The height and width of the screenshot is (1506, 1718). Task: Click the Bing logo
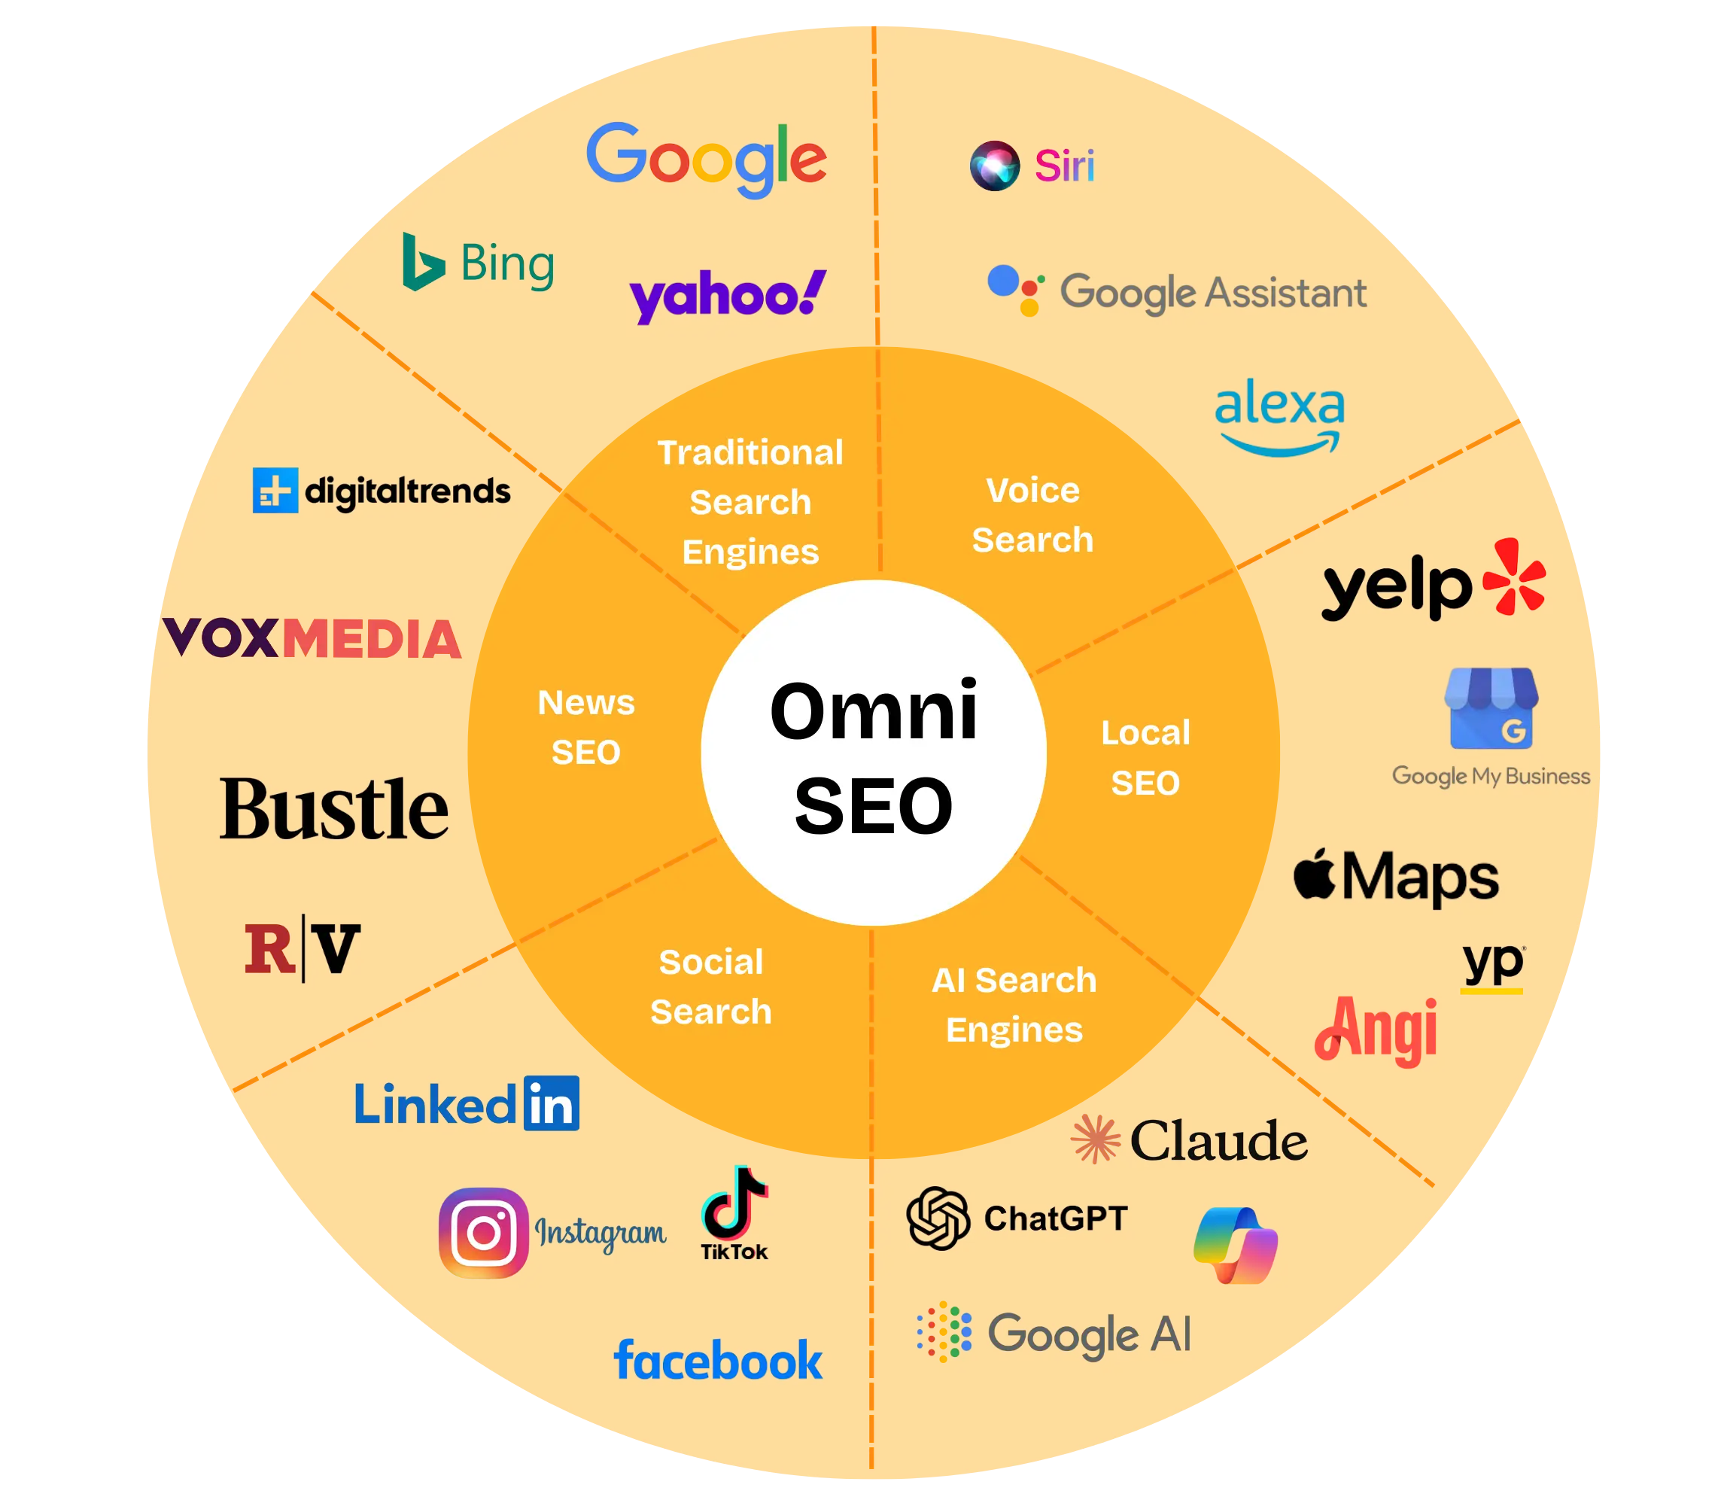coord(478,263)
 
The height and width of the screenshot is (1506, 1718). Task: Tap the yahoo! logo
coord(728,296)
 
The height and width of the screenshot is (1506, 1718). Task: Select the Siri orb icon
coord(995,166)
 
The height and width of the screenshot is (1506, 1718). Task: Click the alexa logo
coord(1279,416)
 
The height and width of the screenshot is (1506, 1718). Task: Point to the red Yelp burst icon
coord(1514,577)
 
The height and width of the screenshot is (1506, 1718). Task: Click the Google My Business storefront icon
coord(1491,708)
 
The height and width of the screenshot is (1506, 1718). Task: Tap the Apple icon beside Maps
coord(1315,875)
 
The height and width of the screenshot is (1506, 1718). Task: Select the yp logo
coord(1493,966)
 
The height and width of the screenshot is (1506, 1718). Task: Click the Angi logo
coord(1376,1030)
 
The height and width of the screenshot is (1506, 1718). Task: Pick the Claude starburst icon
coord(1096,1139)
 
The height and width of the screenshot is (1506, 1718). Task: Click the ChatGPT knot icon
coord(938,1218)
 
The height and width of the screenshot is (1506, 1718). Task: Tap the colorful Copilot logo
coord(1236,1246)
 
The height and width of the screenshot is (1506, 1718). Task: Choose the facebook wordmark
coord(719,1361)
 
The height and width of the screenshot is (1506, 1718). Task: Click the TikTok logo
coord(734,1212)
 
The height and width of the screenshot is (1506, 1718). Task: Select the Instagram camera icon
coord(484,1233)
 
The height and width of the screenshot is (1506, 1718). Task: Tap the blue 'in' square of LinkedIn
coord(552,1103)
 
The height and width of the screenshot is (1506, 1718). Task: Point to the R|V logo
coord(303,951)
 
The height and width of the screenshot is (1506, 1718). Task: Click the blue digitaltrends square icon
coord(275,490)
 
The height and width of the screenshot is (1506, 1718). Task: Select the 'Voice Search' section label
coord(1032,514)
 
